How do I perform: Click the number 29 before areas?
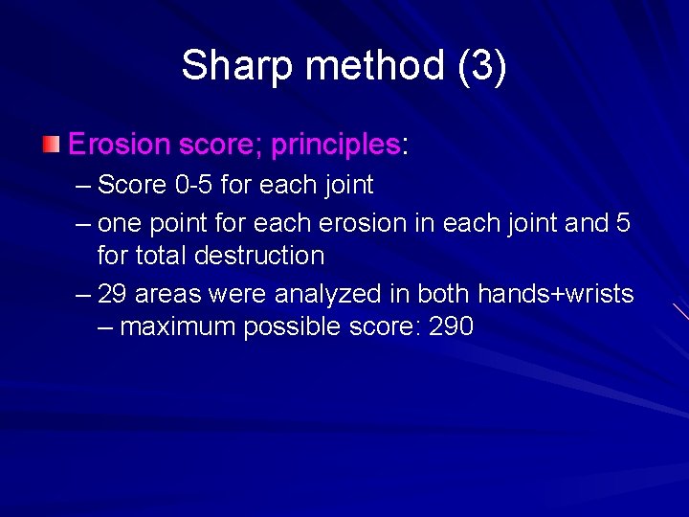[111, 294]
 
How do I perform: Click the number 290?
[452, 326]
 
